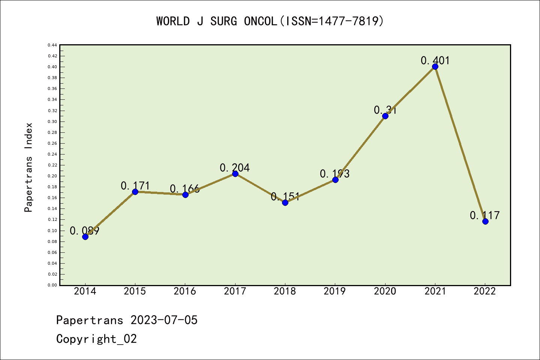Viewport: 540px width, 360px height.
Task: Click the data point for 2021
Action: click(435, 67)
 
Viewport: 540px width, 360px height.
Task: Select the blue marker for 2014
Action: click(85, 237)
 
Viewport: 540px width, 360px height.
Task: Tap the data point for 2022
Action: click(485, 221)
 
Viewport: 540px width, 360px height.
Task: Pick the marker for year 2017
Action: click(235, 174)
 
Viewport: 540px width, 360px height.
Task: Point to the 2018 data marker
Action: click(285, 202)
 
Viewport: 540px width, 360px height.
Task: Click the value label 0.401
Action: click(435, 60)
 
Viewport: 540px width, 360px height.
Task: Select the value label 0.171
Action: click(135, 186)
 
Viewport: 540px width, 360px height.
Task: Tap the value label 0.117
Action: click(484, 215)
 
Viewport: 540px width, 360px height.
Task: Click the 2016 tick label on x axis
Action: click(185, 291)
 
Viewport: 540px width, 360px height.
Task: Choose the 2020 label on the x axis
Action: click(385, 291)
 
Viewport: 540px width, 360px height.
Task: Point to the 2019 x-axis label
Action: click(335, 291)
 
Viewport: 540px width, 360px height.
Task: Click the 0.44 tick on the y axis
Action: click(52, 45)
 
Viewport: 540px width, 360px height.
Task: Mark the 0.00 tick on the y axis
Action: click(52, 285)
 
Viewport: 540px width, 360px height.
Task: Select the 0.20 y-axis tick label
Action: click(52, 176)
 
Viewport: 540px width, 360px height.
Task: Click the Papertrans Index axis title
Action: click(28, 167)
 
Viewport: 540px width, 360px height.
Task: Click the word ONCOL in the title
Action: click(260, 21)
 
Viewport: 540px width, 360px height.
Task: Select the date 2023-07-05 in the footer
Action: click(164, 320)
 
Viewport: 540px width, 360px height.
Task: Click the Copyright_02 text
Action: click(96, 339)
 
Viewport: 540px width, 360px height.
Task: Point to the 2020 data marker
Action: click(385, 116)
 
